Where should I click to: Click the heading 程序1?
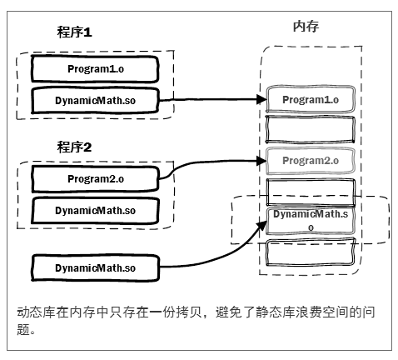tap(74, 32)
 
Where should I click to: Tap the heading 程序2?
tap(74, 147)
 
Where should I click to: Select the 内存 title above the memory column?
tap(306, 27)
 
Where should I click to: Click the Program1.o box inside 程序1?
tap(94, 67)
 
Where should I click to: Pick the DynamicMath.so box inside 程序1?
tap(94, 100)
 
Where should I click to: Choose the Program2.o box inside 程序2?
tap(94, 177)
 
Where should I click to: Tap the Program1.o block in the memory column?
tap(310, 100)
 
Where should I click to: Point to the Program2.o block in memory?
tap(310, 160)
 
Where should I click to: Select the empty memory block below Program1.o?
tap(310, 129)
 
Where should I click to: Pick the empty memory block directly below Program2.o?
tap(310, 189)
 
